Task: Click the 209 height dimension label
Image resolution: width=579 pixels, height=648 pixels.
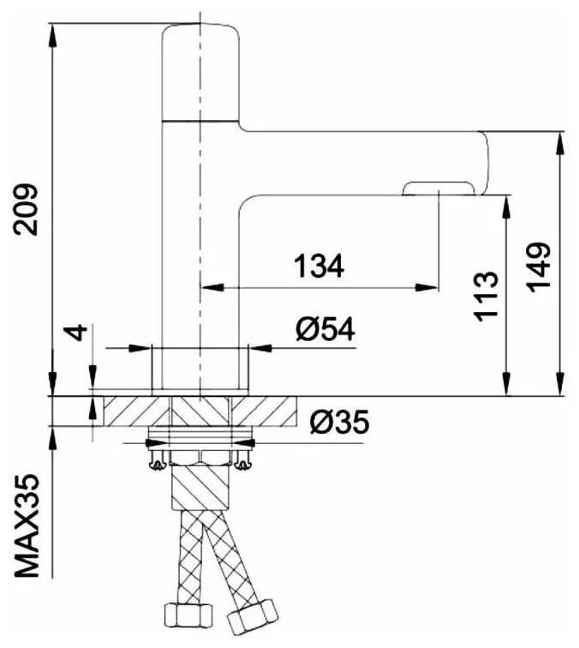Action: coord(27,209)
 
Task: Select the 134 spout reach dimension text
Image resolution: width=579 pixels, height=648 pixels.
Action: coord(319,267)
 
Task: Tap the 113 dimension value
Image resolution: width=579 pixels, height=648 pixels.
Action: coord(485,296)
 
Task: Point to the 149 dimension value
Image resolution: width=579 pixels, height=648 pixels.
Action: coord(539,267)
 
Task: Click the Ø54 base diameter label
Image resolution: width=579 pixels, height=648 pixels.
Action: coord(326,329)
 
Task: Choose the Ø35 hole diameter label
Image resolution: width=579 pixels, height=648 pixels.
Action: coord(338,422)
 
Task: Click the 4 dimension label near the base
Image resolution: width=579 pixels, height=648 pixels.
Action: coord(78,332)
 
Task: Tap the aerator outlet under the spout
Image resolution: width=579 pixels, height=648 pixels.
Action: coord(438,188)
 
